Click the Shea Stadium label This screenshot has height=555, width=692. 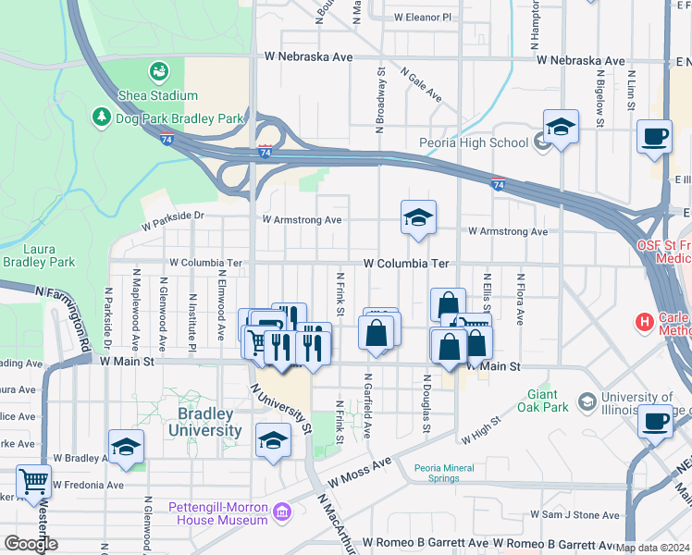(157, 95)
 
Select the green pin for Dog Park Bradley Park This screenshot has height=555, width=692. (101, 117)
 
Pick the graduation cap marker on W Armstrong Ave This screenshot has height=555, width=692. (418, 217)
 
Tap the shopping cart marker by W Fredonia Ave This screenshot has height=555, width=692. (33, 480)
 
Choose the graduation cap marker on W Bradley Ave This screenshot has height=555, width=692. (126, 447)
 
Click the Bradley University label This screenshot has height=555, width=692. (205, 424)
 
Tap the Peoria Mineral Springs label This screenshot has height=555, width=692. (450, 473)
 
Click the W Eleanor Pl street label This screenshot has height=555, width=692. (421, 17)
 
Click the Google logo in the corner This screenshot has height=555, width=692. (30, 544)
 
